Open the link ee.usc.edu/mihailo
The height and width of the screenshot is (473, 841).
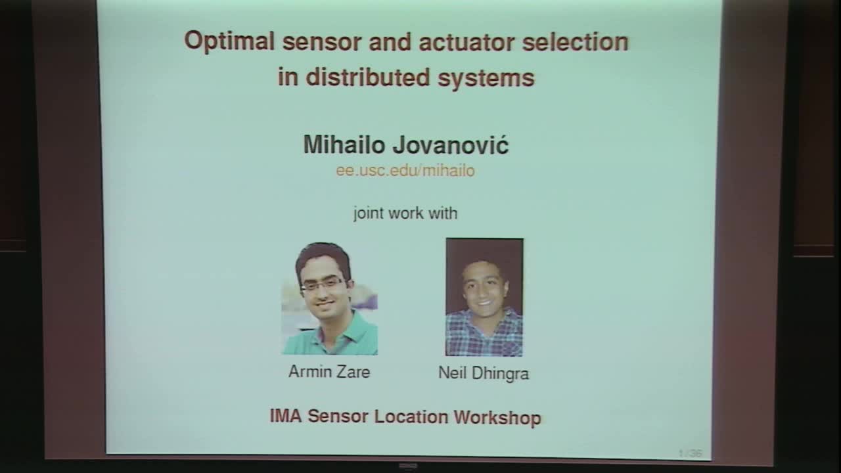coord(405,171)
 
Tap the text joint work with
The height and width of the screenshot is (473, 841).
coord(405,214)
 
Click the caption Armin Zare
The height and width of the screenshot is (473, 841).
coord(329,372)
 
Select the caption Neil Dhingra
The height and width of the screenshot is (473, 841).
coord(484,374)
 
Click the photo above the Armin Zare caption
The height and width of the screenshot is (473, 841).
coord(329,299)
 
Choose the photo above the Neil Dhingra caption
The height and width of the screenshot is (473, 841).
coord(484,297)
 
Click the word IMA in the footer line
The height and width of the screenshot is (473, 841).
coord(286,417)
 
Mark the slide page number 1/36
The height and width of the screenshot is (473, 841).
coord(690,453)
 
